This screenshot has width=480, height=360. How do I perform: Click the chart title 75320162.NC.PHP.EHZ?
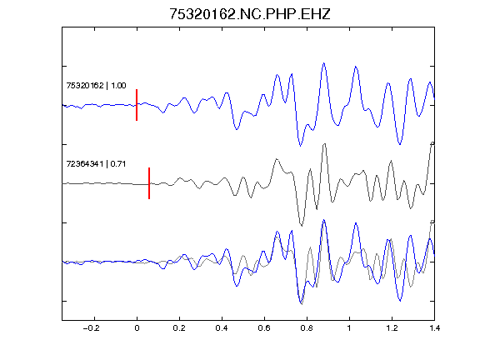[x=250, y=14]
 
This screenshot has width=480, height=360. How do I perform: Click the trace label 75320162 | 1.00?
[x=96, y=85]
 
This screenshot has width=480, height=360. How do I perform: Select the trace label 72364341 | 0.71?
[x=96, y=164]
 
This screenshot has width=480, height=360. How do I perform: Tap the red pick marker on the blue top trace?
[x=137, y=105]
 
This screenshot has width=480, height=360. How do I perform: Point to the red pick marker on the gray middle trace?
[x=149, y=183]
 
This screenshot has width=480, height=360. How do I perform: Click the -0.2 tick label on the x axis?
[x=91, y=328]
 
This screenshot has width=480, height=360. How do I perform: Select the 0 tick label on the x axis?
[x=137, y=328]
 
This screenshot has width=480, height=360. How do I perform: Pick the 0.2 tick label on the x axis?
[x=179, y=328]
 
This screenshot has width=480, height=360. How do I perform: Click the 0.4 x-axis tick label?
[x=222, y=328]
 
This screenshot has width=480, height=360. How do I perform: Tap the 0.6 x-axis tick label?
[x=264, y=328]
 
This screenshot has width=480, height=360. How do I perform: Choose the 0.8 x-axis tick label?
[x=307, y=328]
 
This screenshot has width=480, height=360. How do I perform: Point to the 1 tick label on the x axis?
[x=349, y=328]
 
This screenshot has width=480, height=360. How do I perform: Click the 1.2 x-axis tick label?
[x=392, y=328]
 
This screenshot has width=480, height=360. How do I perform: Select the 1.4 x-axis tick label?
[x=434, y=328]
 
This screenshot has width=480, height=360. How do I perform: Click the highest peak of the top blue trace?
[x=323, y=63]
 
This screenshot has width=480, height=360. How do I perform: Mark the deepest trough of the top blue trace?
[x=300, y=146]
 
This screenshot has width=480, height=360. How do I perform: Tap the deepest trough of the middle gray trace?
[x=302, y=226]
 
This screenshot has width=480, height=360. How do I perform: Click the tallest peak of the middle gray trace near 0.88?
[x=324, y=144]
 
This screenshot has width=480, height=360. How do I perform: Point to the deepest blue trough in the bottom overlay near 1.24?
[x=400, y=301]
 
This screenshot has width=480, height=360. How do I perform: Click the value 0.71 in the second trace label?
[x=118, y=164]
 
